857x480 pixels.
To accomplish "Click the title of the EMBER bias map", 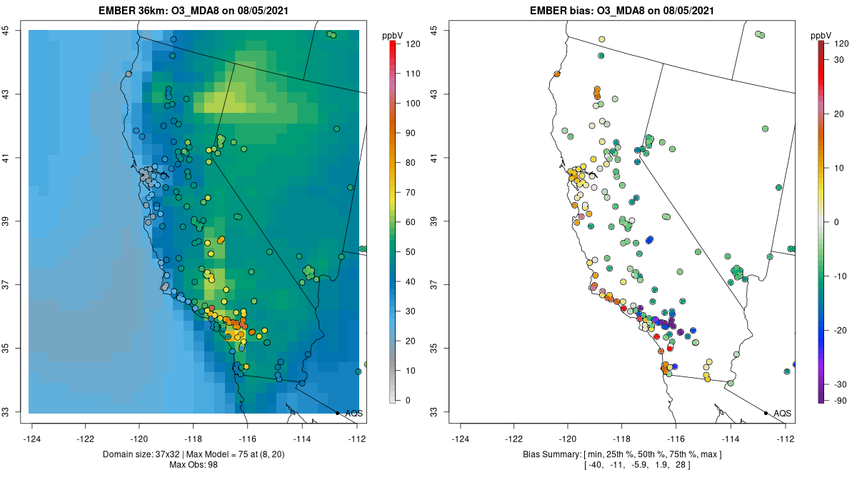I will [x=621, y=10].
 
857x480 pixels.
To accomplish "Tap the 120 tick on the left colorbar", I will [x=413, y=44].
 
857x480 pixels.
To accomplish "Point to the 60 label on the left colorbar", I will [x=412, y=221].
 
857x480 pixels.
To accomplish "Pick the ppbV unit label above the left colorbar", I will [x=392, y=35].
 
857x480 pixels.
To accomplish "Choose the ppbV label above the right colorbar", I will [x=821, y=35].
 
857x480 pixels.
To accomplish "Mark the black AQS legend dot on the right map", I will [x=766, y=413].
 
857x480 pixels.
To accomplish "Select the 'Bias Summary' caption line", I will [x=621, y=454].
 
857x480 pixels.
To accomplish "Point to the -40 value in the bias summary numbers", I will [x=596, y=465].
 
